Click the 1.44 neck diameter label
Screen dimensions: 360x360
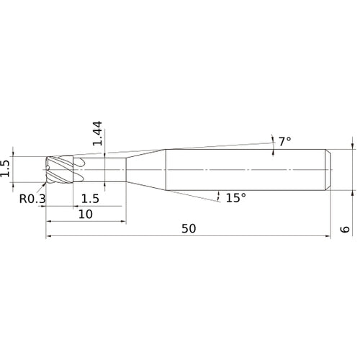97,133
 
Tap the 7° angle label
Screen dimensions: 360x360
285,141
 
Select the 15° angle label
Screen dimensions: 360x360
236,197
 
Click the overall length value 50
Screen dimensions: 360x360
189,228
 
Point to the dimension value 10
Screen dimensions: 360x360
86,214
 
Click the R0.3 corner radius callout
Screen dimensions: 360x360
32,199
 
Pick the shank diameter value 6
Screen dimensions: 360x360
345,229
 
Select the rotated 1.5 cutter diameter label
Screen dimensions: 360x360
5,168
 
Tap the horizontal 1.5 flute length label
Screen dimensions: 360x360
90,199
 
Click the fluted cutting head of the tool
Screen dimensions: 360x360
60,169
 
